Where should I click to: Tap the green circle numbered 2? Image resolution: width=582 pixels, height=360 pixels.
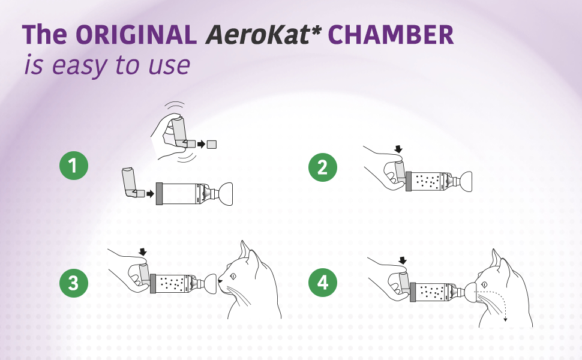(x=322, y=167)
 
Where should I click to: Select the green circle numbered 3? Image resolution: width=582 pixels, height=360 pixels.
(x=73, y=283)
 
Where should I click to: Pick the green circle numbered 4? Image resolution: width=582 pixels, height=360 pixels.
(x=322, y=283)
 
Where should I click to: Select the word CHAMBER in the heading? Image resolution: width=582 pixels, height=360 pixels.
(x=391, y=35)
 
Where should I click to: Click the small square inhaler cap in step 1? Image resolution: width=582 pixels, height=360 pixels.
(x=211, y=144)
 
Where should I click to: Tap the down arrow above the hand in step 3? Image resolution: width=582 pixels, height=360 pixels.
(x=142, y=251)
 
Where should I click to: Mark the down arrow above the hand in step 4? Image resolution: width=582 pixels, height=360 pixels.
(x=403, y=260)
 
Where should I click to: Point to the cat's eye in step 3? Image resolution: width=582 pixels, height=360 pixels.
(x=233, y=275)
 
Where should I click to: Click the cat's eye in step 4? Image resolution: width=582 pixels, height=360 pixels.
(x=493, y=277)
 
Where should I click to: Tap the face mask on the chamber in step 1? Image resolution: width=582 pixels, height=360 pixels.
(x=222, y=193)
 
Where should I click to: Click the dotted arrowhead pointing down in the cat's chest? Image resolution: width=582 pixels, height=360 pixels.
(x=505, y=319)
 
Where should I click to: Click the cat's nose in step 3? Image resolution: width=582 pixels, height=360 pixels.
(x=220, y=280)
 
